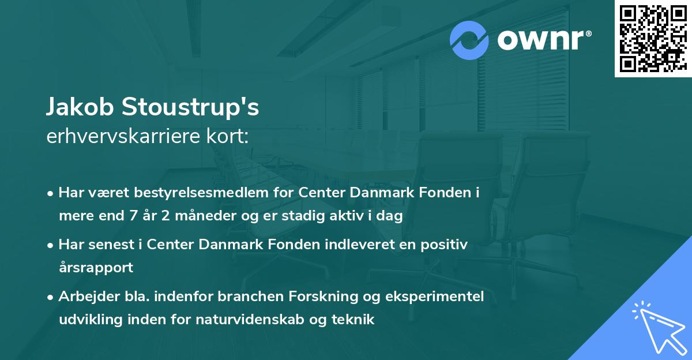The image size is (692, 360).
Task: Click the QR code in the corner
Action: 652,38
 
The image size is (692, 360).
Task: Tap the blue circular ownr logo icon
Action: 470,40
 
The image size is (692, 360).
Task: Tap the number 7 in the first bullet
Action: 134,216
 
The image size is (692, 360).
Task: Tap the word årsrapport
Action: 96,268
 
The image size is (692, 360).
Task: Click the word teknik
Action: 353,319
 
